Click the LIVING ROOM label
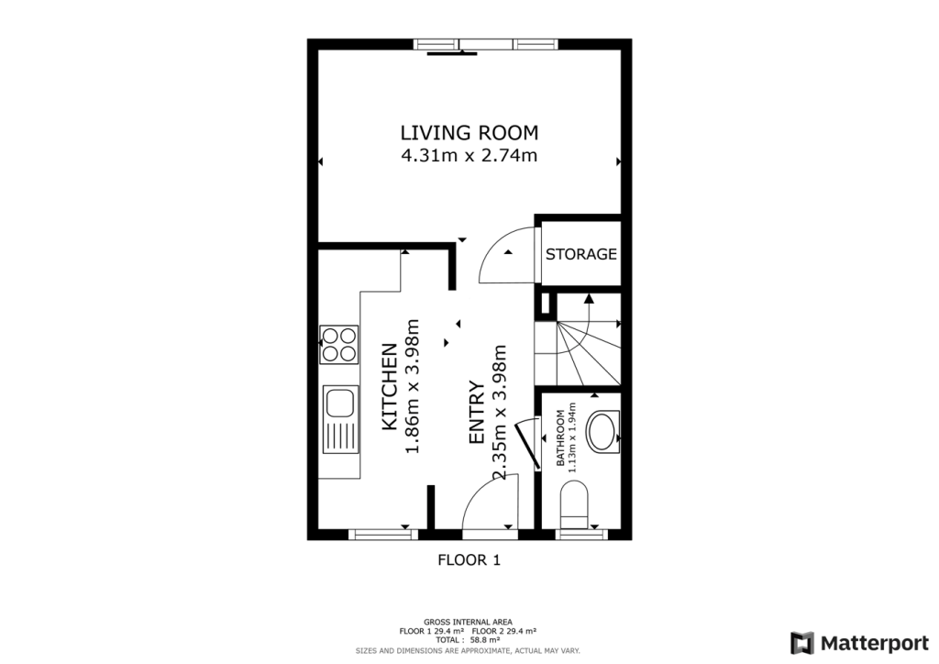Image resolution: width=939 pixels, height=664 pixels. (469, 132)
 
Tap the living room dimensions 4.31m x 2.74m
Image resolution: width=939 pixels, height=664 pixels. (469, 156)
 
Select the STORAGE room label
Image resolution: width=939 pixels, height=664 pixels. (580, 254)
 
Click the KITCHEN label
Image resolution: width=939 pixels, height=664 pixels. (389, 386)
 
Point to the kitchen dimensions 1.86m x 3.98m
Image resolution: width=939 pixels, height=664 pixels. (413, 386)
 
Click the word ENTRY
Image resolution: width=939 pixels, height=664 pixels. (476, 412)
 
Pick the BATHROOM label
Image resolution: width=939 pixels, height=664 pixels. (560, 437)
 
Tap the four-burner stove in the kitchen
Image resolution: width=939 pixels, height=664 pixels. (339, 344)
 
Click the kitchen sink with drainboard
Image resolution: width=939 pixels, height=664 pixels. (340, 419)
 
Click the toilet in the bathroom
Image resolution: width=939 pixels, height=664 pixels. (575, 506)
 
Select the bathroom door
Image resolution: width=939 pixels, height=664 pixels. (527, 443)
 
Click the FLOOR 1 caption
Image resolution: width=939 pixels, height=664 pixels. (469, 559)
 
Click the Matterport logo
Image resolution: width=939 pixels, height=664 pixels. (859, 643)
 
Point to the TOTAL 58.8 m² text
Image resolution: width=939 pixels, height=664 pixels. (468, 639)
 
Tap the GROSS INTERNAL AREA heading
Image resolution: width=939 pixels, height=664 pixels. (468, 622)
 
